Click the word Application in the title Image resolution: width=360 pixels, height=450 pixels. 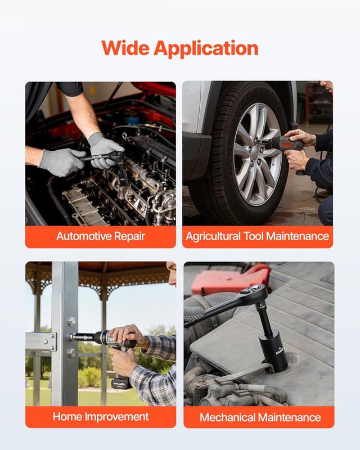206,49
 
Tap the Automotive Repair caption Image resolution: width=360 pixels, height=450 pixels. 101,236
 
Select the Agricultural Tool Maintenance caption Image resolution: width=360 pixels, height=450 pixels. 257,236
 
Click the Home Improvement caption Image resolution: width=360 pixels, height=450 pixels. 101,417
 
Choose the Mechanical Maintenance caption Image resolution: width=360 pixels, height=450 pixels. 260,417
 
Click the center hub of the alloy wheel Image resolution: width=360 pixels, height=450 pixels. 255,151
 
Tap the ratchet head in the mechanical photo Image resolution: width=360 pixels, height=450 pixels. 256,291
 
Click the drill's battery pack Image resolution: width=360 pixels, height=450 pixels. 121,382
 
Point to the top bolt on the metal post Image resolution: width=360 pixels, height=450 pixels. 71,321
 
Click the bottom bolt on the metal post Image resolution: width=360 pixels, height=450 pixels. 71,353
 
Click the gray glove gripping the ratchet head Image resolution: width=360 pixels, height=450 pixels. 105,151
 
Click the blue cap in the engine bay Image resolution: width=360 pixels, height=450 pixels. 132,117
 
